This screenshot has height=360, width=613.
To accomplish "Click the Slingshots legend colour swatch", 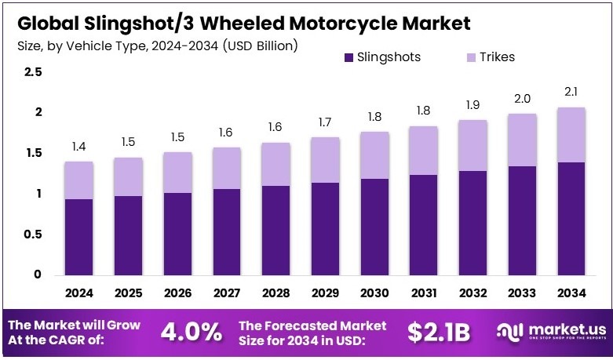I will (x=348, y=57).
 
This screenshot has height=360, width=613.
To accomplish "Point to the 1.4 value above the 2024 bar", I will (x=79, y=147).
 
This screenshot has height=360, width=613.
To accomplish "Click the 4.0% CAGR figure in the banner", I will (x=191, y=333).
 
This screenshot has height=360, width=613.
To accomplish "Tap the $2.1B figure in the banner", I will (x=439, y=333).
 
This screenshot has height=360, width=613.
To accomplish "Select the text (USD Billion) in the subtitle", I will (x=261, y=46).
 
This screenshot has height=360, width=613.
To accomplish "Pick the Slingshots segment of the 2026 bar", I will (x=178, y=234).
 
